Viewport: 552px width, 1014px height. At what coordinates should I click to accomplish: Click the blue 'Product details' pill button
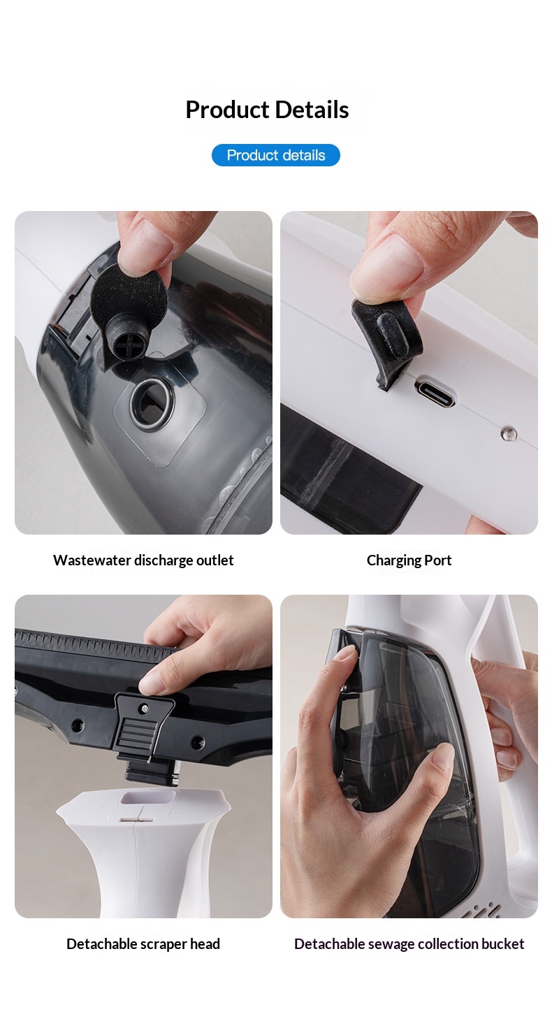[x=275, y=155]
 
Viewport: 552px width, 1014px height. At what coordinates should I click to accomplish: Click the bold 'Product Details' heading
[x=267, y=110]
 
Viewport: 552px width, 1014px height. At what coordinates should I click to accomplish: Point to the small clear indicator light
[x=509, y=434]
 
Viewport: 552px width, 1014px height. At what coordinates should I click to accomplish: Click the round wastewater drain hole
[x=151, y=404]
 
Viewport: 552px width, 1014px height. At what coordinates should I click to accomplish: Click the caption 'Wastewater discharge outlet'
[x=143, y=560]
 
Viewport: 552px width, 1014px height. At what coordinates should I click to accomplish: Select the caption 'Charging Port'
[x=409, y=560]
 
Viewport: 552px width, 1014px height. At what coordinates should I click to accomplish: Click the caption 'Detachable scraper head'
[x=143, y=944]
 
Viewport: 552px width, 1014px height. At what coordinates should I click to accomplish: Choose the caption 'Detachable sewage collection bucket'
[x=409, y=944]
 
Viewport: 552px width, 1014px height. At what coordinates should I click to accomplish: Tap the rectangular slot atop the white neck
[x=147, y=797]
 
